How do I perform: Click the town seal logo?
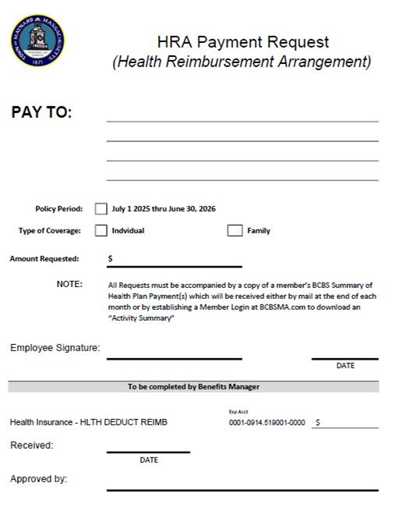(37, 38)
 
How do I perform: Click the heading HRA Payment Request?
(242, 42)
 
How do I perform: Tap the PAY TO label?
(41, 112)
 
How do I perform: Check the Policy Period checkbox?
(101, 209)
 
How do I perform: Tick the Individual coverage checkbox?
(101, 231)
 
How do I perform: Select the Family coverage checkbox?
(235, 231)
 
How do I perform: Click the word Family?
(259, 231)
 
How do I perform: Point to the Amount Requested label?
(44, 258)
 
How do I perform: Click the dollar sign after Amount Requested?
(110, 258)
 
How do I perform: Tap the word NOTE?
(69, 284)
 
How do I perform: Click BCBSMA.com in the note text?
(286, 307)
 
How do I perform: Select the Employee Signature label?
(55, 348)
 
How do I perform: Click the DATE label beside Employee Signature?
(345, 366)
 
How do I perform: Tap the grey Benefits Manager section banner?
(193, 387)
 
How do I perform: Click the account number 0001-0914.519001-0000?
(267, 423)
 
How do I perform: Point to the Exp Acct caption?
(238, 411)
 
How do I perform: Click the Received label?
(32, 446)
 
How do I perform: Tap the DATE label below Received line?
(149, 460)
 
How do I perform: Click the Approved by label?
(38, 479)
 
